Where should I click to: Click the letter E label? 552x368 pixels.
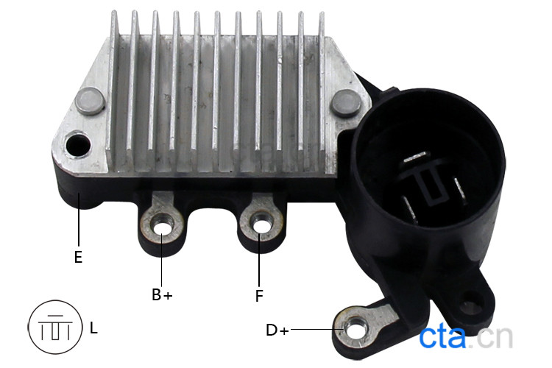click(x=78, y=257)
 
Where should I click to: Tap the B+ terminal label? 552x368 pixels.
click(x=162, y=294)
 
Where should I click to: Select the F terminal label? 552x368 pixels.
click(x=259, y=296)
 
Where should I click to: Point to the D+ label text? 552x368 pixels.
click(x=277, y=330)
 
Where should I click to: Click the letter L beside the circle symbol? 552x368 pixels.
click(x=93, y=328)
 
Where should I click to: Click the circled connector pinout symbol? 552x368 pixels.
click(x=55, y=327)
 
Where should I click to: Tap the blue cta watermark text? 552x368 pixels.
click(x=442, y=337)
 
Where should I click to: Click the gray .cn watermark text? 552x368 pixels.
click(x=490, y=337)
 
